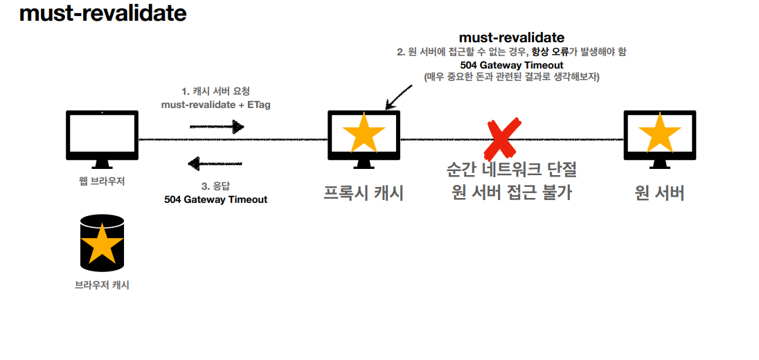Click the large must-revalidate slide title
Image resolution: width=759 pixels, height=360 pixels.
tap(103, 14)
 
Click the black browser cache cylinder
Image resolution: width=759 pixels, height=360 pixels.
tap(102, 242)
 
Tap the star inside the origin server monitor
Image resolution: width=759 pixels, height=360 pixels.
tap(659, 133)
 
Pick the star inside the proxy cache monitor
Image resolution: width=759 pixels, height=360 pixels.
tap(364, 133)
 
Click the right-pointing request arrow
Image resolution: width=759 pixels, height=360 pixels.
tap(217, 127)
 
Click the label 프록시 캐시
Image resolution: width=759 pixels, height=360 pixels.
tap(364, 193)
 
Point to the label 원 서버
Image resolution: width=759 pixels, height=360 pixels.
tap(659, 193)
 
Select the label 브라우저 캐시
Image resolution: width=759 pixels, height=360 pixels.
tap(102, 285)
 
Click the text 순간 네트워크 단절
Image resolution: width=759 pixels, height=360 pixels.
tap(512, 170)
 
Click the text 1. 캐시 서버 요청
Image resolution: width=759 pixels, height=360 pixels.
tap(215, 91)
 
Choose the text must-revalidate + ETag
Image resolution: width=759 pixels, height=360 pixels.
tap(216, 104)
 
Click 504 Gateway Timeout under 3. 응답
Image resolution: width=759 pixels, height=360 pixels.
tap(215, 199)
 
